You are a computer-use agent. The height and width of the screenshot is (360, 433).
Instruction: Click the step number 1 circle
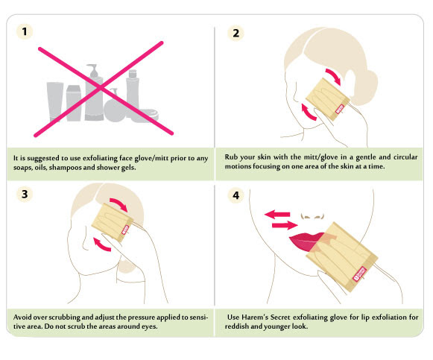(25, 31)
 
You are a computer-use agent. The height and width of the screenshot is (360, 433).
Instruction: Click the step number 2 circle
(236, 33)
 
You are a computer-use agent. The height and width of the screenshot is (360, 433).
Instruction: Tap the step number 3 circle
(25, 194)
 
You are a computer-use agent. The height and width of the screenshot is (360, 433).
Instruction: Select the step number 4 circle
(236, 195)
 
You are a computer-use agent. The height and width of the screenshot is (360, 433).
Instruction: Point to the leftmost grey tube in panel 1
(55, 101)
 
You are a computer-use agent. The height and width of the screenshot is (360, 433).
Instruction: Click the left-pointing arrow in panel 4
(277, 214)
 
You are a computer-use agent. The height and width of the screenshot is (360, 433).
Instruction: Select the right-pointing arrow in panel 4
(285, 225)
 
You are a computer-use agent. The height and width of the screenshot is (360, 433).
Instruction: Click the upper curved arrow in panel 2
(333, 76)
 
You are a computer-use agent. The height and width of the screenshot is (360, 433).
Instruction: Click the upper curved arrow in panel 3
(119, 203)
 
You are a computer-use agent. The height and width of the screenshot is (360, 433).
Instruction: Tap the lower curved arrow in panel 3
(102, 244)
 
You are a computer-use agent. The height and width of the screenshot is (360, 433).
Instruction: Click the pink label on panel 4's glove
(359, 274)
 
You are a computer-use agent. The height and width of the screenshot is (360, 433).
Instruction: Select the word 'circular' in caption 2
(405, 157)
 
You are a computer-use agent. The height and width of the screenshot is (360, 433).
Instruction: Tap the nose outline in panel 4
(312, 216)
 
